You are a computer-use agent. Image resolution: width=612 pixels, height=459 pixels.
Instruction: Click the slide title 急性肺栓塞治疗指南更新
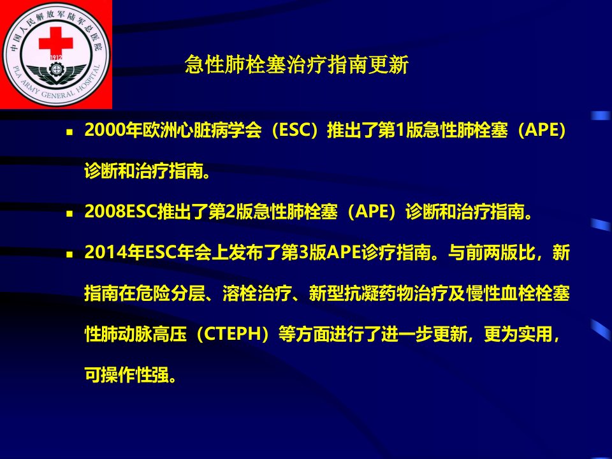[x=296, y=64]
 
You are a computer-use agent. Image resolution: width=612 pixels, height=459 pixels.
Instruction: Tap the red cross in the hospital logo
[x=56, y=41]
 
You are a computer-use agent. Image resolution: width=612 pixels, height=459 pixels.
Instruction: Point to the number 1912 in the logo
[x=56, y=58]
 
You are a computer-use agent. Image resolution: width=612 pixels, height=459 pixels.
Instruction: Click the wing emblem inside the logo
[x=56, y=74]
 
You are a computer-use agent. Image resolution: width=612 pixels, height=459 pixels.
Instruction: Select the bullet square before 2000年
[x=69, y=132]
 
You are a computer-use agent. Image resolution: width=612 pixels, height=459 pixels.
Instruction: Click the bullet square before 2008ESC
[x=69, y=214]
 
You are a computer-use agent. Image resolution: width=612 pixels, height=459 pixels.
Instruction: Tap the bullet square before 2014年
[x=69, y=254]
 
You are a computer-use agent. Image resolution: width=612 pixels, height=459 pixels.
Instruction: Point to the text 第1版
[x=400, y=130]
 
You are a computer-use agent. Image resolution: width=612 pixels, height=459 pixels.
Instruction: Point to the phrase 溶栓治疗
[x=256, y=293]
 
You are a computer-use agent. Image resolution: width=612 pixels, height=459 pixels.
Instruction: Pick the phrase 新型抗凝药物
[x=361, y=293]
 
